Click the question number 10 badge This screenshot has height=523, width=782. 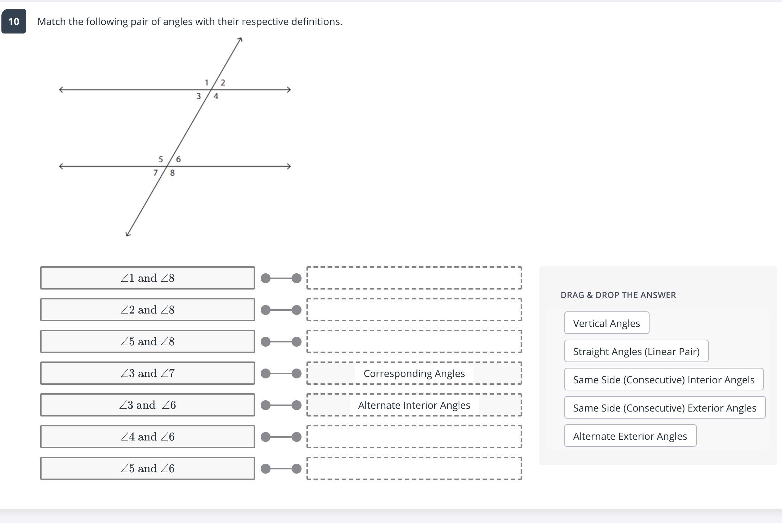pos(14,22)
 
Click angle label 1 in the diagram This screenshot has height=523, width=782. pos(206,83)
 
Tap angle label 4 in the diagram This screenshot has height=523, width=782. pos(216,96)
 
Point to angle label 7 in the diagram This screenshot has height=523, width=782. pos(155,173)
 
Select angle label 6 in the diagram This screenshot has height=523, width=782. pos(178,159)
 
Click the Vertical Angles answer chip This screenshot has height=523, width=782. pos(606,323)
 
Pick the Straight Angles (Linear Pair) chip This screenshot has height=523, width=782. pos(636,351)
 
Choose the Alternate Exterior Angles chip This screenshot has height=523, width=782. pos(630,436)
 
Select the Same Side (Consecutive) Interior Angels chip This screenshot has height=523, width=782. pos(663,379)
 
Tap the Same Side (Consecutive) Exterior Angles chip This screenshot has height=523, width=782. pos(664,408)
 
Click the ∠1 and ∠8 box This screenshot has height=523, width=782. pos(147,278)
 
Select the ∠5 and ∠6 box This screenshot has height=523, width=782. pos(147,468)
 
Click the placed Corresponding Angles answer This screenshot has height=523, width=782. pos(414,373)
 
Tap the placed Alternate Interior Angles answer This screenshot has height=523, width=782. pos(414,405)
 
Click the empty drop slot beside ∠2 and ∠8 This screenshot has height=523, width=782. pos(414,310)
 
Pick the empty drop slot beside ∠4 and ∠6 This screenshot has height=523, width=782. pos(414,437)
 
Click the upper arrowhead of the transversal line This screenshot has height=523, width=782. pos(240,39)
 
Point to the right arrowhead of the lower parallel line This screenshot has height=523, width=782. pos(289,166)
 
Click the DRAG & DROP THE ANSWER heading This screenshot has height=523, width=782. pos(618,295)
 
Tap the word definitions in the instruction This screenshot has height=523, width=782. pos(316,22)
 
